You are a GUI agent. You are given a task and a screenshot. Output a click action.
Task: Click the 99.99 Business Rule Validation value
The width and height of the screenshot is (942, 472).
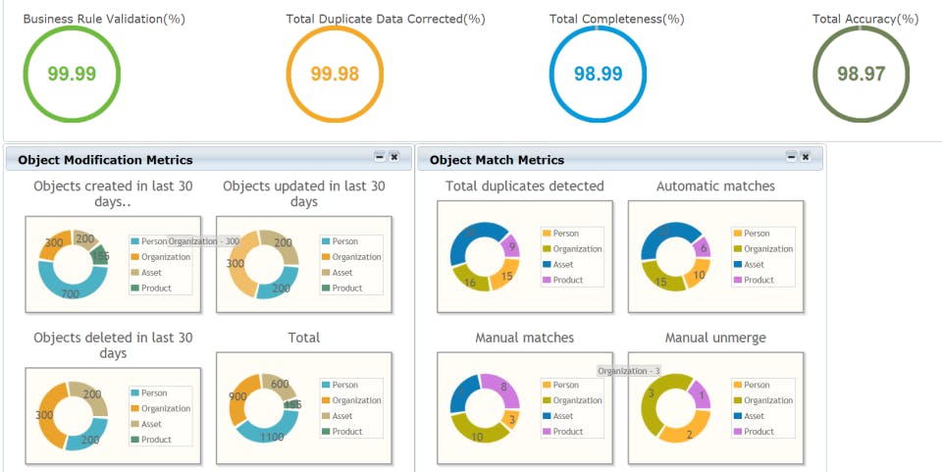72,74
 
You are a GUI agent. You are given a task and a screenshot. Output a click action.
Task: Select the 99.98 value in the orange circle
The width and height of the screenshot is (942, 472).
335,74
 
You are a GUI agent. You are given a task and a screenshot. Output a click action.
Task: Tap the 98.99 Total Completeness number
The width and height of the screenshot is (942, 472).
598,74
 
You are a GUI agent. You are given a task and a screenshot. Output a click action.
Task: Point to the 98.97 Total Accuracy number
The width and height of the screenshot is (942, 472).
862,74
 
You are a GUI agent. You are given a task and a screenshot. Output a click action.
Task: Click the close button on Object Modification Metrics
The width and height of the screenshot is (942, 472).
393,157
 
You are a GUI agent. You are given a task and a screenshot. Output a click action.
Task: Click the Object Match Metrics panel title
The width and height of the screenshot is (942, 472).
497,160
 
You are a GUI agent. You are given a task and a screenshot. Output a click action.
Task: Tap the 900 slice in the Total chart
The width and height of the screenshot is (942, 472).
237,397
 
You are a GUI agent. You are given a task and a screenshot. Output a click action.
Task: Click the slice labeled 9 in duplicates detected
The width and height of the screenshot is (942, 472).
512,245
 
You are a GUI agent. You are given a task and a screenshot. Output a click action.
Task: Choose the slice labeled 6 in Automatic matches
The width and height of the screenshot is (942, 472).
703,248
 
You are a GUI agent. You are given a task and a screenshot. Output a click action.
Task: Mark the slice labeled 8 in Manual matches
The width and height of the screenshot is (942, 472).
502,387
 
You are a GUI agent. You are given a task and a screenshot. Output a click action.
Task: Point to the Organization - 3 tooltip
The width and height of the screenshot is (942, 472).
629,371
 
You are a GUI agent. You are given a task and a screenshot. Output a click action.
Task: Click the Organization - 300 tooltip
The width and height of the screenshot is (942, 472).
204,241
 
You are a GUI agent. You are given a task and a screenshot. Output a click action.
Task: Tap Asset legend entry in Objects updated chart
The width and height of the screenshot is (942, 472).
342,273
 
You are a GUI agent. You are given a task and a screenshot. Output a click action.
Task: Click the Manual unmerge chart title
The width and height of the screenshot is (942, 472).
715,338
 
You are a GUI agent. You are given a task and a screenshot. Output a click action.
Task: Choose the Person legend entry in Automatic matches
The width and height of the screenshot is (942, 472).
757,234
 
